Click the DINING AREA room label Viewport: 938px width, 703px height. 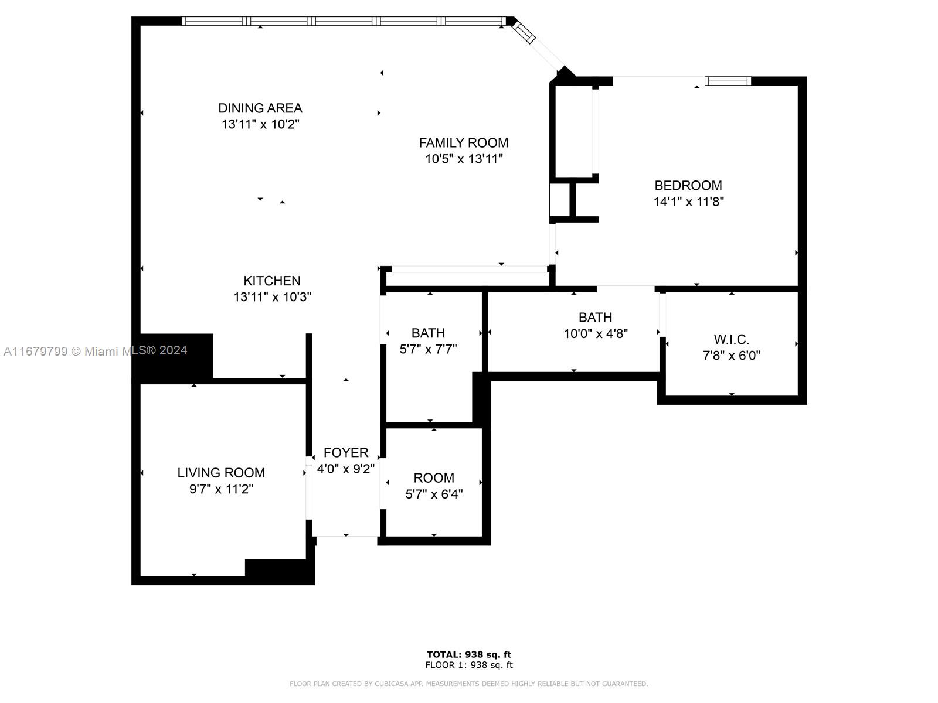coord(260,108)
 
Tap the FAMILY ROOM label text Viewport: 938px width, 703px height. coord(464,142)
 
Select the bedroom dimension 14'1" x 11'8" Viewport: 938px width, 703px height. coord(688,202)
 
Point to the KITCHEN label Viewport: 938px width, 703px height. coord(272,281)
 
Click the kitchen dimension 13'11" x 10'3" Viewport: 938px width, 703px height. coord(272,296)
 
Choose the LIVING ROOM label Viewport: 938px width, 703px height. coord(222,473)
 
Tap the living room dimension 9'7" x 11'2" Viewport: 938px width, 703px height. coord(222,489)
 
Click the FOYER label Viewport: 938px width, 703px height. coord(346,452)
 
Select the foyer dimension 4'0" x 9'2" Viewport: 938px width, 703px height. coord(346,469)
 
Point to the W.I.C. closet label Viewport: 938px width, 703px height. coord(732,339)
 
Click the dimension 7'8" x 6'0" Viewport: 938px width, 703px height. coord(732,355)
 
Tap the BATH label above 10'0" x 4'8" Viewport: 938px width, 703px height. coord(595,317)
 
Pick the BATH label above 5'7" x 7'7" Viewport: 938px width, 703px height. coord(428,333)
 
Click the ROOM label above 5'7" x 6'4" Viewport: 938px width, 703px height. coord(434,477)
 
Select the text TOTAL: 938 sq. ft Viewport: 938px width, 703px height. coord(469,654)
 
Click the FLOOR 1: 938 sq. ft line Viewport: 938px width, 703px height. coord(469,664)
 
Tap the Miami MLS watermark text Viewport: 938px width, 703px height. coord(96,351)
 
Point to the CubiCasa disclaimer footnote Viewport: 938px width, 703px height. coord(469,683)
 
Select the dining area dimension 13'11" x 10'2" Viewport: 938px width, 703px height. coord(260,124)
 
